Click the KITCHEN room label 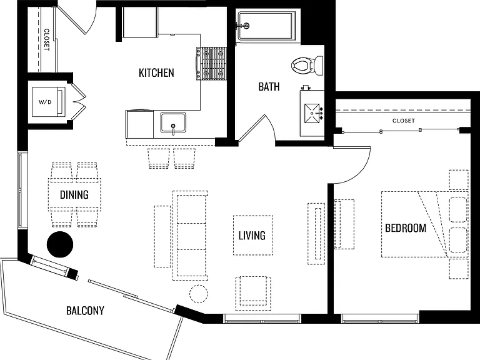coord(156,73)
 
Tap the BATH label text coord(269,87)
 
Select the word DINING coord(74,195)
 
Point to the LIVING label coord(252,236)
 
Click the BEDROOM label coord(405,228)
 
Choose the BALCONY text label coord(85,311)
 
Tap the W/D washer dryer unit coord(49,102)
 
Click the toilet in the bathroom coord(307,65)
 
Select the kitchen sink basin coord(173,122)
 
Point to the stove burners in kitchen coord(211,63)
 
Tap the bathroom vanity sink coord(312,113)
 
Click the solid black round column coord(60,244)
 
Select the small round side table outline coord(198,294)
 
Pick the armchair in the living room coord(253,293)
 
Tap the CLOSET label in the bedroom coord(404,121)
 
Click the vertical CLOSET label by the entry coord(46,39)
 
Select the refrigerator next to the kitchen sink coord(139,124)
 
